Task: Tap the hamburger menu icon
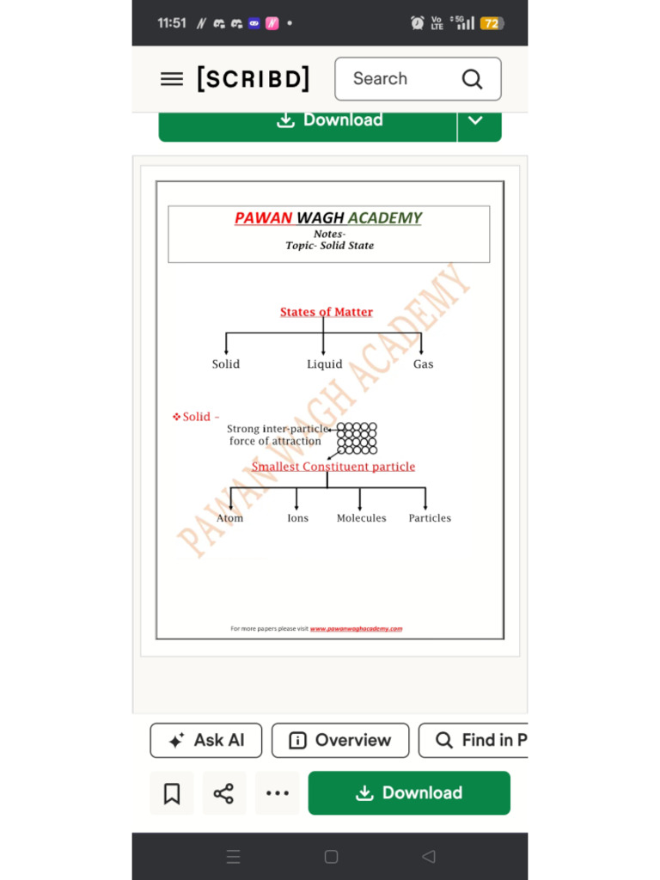pyautogui.click(x=172, y=79)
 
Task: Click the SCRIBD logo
pyautogui.click(x=254, y=79)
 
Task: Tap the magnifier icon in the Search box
pyautogui.click(x=472, y=79)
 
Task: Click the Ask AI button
pyautogui.click(x=206, y=740)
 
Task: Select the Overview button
pyautogui.click(x=340, y=740)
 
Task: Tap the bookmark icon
pyautogui.click(x=172, y=793)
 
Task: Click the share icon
pyautogui.click(x=223, y=793)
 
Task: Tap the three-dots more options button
pyautogui.click(x=278, y=793)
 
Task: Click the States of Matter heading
pyautogui.click(x=327, y=312)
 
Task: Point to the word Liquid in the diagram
pyautogui.click(x=325, y=364)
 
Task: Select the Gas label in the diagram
pyautogui.click(x=423, y=364)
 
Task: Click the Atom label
pyautogui.click(x=229, y=518)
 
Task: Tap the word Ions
pyautogui.click(x=297, y=518)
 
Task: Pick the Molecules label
pyautogui.click(x=361, y=518)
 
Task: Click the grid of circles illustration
pyautogui.click(x=357, y=438)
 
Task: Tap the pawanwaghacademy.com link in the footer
pyautogui.click(x=356, y=629)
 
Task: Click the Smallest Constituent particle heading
pyautogui.click(x=333, y=467)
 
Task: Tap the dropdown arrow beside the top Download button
pyautogui.click(x=475, y=120)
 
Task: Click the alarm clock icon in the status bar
pyautogui.click(x=418, y=23)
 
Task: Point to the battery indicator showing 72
pyautogui.click(x=492, y=23)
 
